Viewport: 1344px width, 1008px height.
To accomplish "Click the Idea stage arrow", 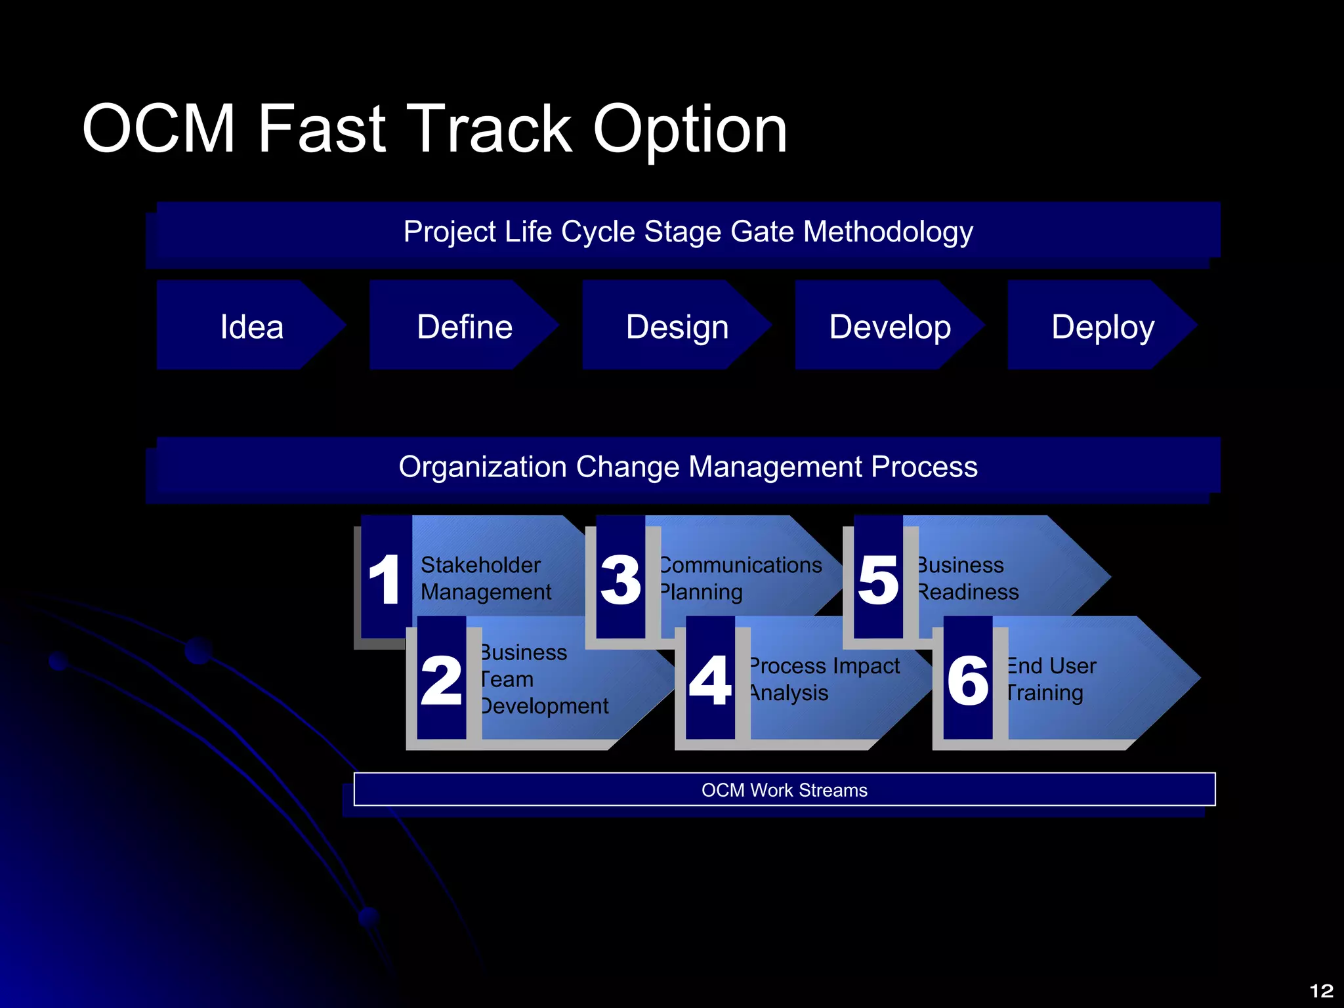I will (x=251, y=326).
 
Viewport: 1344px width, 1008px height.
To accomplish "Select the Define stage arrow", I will (x=465, y=326).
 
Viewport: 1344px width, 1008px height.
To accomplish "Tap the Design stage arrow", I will (x=677, y=326).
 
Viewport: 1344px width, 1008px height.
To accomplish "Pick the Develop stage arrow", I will (x=890, y=326).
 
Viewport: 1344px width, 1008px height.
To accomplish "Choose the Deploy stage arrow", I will (x=1102, y=326).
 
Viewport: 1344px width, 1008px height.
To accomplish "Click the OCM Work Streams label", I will (x=784, y=790).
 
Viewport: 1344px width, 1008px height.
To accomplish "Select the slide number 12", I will (x=1321, y=990).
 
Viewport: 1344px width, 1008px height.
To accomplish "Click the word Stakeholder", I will (x=480, y=565).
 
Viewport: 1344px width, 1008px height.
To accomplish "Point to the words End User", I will (x=1051, y=666).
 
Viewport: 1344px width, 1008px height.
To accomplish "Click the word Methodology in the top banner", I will (x=888, y=232).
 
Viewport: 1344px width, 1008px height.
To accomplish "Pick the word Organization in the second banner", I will (x=482, y=467).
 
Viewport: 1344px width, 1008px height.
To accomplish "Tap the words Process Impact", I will (x=824, y=666).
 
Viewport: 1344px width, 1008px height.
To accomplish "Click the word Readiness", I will (x=969, y=592).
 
